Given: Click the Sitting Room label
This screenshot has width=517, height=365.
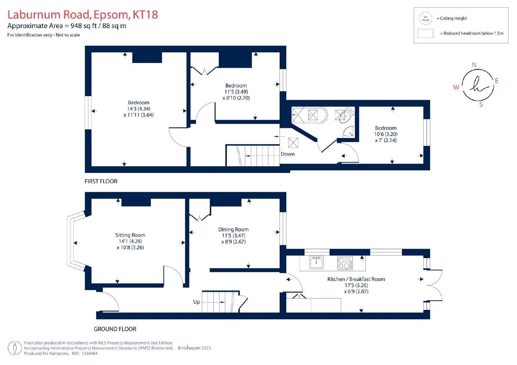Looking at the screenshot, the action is click(x=130, y=235).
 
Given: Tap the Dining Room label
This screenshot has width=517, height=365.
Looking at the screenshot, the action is click(x=233, y=229).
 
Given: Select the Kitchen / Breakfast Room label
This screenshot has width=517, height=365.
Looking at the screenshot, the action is click(x=356, y=279).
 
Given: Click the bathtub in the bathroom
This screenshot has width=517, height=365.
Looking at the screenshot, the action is click(x=310, y=115).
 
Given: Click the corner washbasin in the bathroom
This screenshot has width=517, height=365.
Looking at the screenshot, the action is click(x=349, y=132).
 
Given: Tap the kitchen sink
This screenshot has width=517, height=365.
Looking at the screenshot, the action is click(x=316, y=262).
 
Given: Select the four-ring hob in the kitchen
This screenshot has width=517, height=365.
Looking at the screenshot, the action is click(x=345, y=263).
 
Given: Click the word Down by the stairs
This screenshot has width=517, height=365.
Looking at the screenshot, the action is click(x=288, y=154).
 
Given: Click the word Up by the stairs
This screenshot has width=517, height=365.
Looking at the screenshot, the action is click(x=196, y=302).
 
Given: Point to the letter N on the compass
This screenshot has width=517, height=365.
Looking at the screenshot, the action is click(x=474, y=65).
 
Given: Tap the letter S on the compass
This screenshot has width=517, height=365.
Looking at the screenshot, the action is click(x=481, y=105).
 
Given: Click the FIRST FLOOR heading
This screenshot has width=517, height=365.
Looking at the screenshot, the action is click(x=101, y=181).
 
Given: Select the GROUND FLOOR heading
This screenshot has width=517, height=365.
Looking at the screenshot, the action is click(x=115, y=329).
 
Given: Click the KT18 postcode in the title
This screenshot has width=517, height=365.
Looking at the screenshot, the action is click(x=145, y=15).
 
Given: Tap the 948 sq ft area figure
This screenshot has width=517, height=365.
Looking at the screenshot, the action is click(x=84, y=26).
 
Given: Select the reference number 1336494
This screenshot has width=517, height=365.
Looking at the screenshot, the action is click(x=90, y=353).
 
